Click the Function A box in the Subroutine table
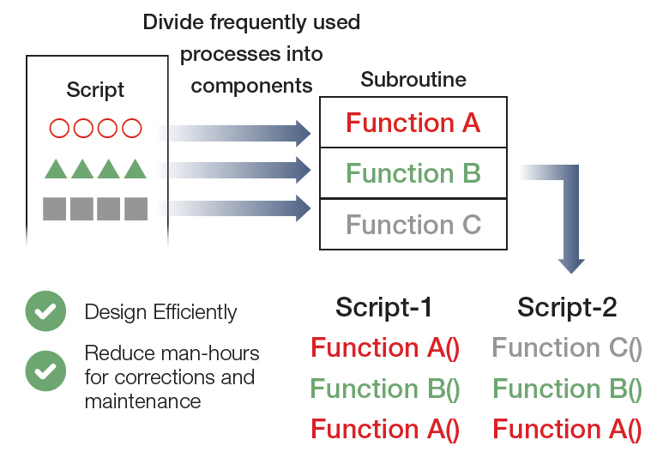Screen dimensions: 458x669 point(413,123)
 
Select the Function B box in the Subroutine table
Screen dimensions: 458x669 point(413,173)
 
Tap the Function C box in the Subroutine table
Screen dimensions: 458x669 point(413,225)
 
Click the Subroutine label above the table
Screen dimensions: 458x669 point(413,80)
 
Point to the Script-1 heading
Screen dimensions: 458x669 point(383,307)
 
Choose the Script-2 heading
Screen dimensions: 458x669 point(567,307)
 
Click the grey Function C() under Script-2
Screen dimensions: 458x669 point(567,347)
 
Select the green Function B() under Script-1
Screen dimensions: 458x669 point(385,389)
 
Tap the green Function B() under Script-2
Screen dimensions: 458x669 point(567,389)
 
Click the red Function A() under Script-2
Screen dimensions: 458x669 point(567,429)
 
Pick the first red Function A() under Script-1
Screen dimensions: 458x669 point(385,347)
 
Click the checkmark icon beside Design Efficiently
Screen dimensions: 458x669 point(45,311)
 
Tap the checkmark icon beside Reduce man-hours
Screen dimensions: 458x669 point(45,371)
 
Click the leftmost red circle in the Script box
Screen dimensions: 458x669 point(59,129)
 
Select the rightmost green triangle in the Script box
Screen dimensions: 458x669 point(135,169)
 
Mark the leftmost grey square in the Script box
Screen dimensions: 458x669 point(54,208)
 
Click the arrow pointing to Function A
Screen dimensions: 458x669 point(237,133)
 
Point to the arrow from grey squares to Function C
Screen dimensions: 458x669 point(237,208)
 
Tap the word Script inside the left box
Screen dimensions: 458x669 point(95,89)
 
